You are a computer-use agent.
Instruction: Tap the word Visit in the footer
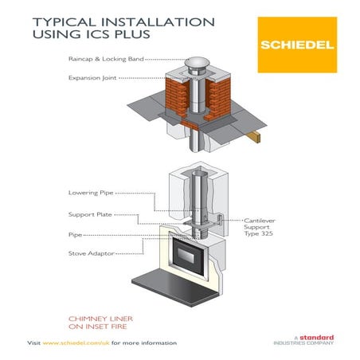click(x=34, y=342)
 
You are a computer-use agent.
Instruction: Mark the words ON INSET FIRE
click(x=100, y=326)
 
